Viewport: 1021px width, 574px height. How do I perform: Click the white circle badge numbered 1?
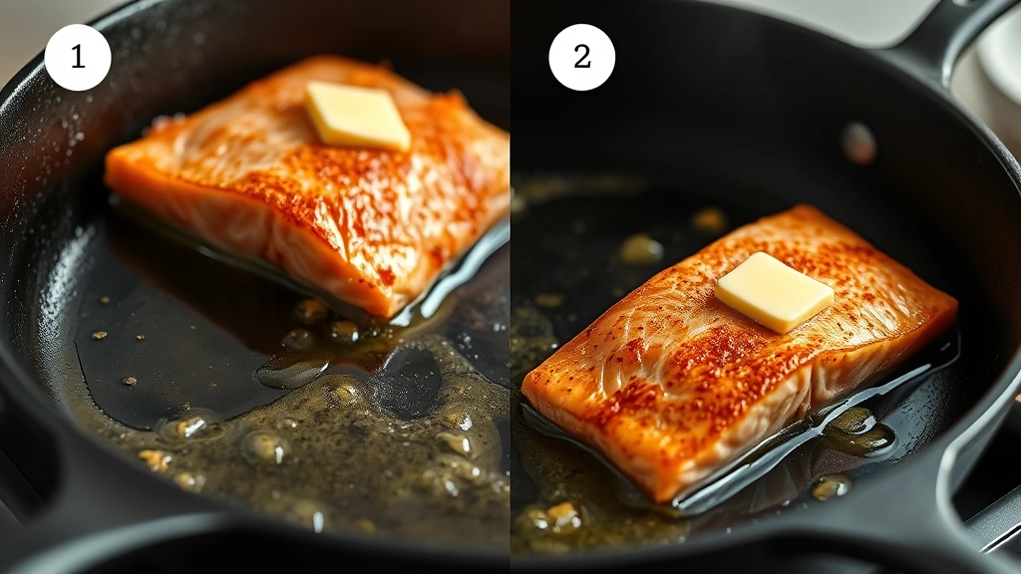[x=78, y=57]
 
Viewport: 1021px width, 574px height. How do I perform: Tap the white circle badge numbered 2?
[x=582, y=57]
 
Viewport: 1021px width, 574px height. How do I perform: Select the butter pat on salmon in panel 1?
[x=357, y=116]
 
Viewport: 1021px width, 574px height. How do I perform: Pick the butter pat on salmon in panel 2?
[x=774, y=292]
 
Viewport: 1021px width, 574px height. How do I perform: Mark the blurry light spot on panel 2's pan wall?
[x=857, y=143]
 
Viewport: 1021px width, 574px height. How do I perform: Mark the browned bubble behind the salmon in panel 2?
[x=639, y=248]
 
